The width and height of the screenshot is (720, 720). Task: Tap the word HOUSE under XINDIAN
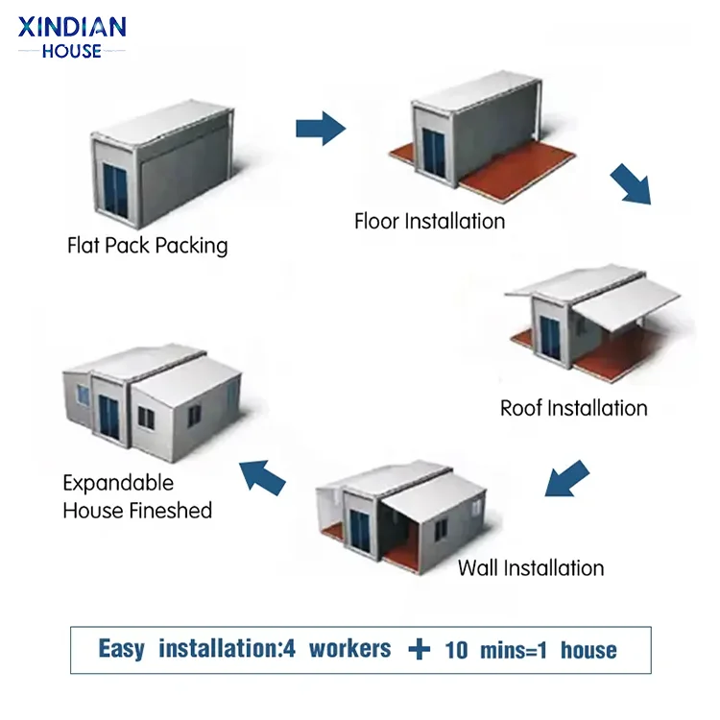pos(72,50)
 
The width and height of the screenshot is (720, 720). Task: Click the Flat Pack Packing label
pos(148,246)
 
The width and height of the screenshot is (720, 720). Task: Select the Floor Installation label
pos(429,222)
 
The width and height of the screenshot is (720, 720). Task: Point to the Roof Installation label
pos(573,408)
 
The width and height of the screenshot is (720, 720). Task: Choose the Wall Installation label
pos(530,567)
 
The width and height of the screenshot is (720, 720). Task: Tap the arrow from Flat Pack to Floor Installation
pos(320,128)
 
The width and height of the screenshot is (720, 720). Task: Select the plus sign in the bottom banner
pos(419,650)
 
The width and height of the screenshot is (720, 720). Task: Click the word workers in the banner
pos(349,650)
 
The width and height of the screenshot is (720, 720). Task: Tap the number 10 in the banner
pos(457,650)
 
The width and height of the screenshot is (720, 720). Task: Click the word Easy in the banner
pos(121,650)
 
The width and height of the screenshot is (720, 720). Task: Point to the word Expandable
pos(118,483)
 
